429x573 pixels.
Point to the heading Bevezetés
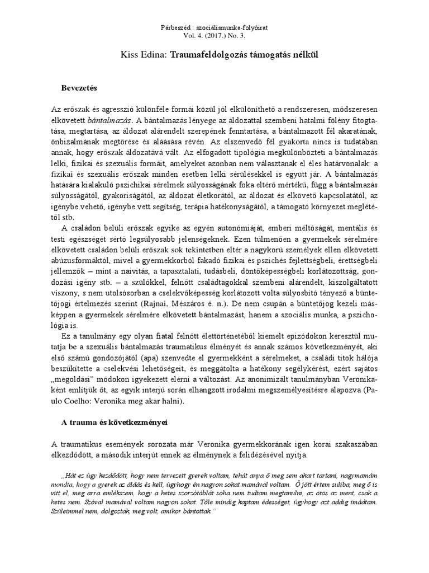tap(79, 88)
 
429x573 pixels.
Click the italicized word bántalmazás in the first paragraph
tap(108, 120)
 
